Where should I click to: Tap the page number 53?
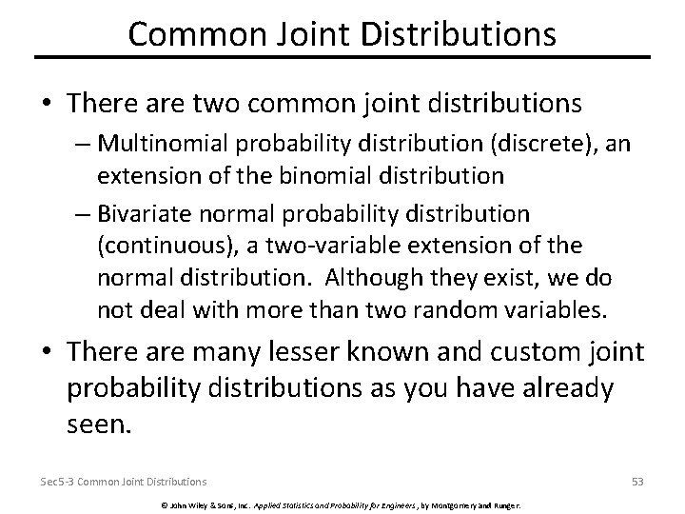637,482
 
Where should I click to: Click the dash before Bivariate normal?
80,211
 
